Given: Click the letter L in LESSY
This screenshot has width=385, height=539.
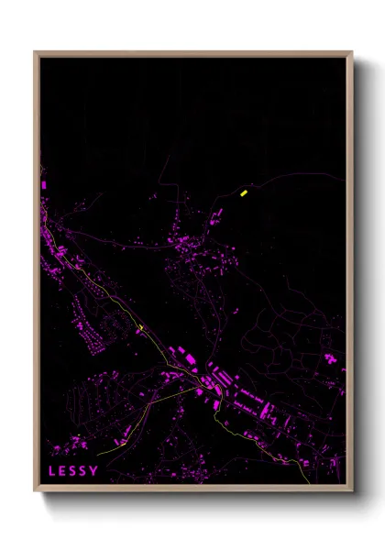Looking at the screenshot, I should coord(53,471).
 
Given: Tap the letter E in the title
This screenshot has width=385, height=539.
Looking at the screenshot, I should coord(64,471).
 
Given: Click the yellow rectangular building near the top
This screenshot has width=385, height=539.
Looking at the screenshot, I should coord(243,192).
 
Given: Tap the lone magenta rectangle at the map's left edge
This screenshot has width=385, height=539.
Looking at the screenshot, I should coord(43,186).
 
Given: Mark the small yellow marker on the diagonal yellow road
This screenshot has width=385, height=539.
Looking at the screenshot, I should coord(141,328).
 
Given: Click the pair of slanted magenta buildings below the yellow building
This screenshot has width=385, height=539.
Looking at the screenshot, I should coord(218,215).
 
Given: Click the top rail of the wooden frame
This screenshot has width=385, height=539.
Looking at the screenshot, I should coord(192,54).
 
